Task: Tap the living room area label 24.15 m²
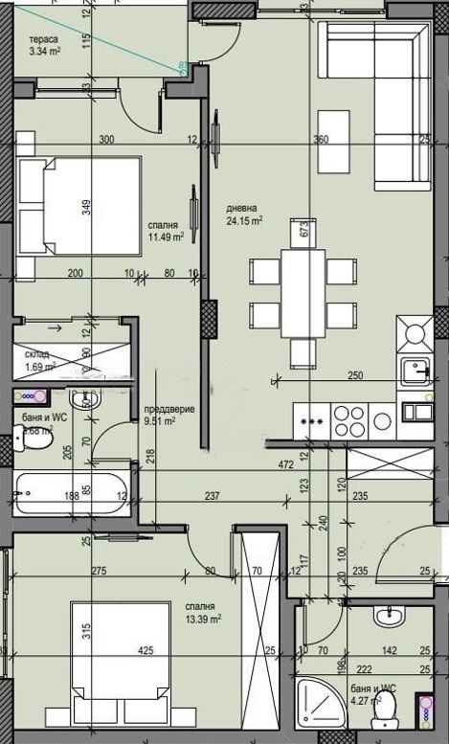[244, 220]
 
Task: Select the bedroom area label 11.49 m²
[166, 237]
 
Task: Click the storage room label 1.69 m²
[39, 366]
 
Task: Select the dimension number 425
[146, 651]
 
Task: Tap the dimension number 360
[321, 140]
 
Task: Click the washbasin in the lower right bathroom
[390, 615]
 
